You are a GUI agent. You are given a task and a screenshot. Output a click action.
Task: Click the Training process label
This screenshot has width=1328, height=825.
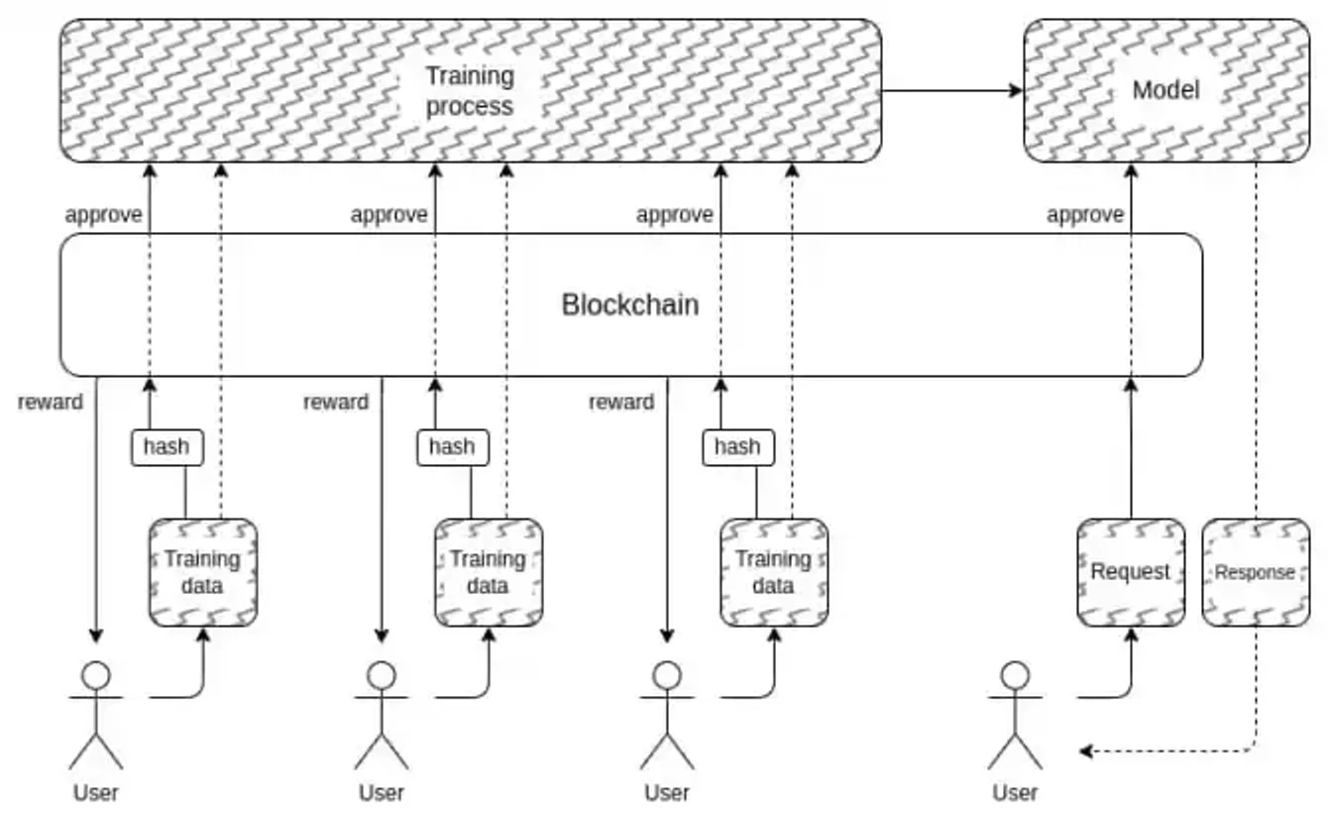[x=470, y=91]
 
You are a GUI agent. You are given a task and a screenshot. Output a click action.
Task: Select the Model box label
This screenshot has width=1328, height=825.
[x=1165, y=90]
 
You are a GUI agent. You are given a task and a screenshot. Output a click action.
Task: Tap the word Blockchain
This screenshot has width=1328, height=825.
[x=630, y=304]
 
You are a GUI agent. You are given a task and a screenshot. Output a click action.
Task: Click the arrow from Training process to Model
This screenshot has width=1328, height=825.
[x=951, y=91]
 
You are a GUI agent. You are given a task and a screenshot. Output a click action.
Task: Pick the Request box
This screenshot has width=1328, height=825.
[x=1131, y=572]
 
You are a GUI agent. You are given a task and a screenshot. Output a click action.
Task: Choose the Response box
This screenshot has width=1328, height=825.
[x=1256, y=572]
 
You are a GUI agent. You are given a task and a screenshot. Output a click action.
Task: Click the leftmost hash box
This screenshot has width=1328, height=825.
[x=166, y=447]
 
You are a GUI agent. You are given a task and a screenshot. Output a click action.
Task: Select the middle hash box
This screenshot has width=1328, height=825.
[x=452, y=447]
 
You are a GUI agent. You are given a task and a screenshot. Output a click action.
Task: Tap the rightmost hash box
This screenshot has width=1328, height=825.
[x=737, y=447]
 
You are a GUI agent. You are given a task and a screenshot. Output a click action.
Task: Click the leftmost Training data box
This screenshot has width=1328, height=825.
[x=203, y=572]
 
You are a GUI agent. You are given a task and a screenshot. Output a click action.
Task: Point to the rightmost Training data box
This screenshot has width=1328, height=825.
[x=774, y=572]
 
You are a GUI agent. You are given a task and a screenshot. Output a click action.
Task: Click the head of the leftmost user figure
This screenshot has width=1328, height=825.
[x=96, y=676]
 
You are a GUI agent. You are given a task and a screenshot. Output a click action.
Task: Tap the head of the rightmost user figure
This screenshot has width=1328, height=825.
[x=1015, y=676]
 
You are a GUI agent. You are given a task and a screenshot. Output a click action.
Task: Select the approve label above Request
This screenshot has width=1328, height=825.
[x=1085, y=214]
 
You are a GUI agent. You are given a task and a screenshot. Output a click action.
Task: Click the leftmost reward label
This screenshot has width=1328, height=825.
[x=51, y=402]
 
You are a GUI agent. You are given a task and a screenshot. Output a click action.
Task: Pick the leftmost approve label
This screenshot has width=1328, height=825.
[x=104, y=214]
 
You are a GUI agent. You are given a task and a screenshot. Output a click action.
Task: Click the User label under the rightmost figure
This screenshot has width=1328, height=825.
[x=1015, y=792]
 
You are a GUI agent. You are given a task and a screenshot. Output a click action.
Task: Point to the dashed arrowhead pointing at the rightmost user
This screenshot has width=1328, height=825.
[x=1086, y=752]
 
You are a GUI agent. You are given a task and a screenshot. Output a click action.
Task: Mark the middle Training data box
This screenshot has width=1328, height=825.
[x=489, y=572]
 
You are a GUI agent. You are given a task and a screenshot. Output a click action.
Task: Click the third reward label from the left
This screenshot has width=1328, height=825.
[x=621, y=402]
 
